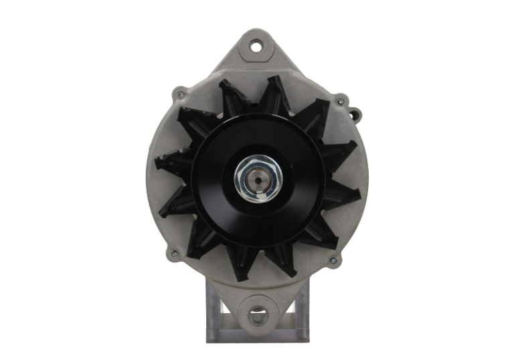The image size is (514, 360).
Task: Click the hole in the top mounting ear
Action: pyautogui.click(x=257, y=46)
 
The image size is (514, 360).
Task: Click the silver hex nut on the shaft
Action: pyautogui.click(x=258, y=179)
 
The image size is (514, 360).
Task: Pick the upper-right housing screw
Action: pyautogui.click(x=341, y=102)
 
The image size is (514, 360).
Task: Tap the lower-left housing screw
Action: pyautogui.click(x=175, y=254)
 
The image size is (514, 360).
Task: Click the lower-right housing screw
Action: pyautogui.click(x=333, y=260)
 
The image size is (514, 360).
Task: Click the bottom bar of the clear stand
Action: pyautogui.click(x=258, y=337)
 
